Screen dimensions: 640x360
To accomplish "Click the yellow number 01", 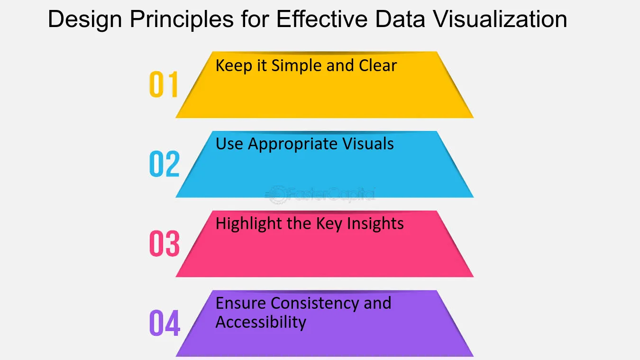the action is pyautogui.click(x=164, y=84).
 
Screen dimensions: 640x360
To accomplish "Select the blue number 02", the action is pyautogui.click(x=165, y=164).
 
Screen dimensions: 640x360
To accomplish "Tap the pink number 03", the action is pyautogui.click(x=165, y=243).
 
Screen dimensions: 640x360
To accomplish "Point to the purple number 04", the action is pyautogui.click(x=165, y=323).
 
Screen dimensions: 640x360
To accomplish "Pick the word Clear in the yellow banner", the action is pyautogui.click(x=378, y=65).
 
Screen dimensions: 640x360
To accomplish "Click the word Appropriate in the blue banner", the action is pyautogui.click(x=293, y=144).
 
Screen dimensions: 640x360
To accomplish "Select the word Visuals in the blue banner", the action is pyautogui.click(x=368, y=144).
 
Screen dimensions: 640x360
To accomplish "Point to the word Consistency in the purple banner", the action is pyautogui.click(x=315, y=304).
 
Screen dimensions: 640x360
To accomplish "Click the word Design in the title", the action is pyautogui.click(x=85, y=20).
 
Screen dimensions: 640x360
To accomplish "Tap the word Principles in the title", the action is pyautogui.click(x=182, y=20).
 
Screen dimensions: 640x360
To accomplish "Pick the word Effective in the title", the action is pyautogui.click(x=322, y=19).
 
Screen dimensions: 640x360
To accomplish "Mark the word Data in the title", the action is pyautogui.click(x=400, y=19).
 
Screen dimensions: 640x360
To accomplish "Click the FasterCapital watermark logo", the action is pyautogui.click(x=320, y=195).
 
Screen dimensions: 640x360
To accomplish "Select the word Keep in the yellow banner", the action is pyautogui.click(x=234, y=66).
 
